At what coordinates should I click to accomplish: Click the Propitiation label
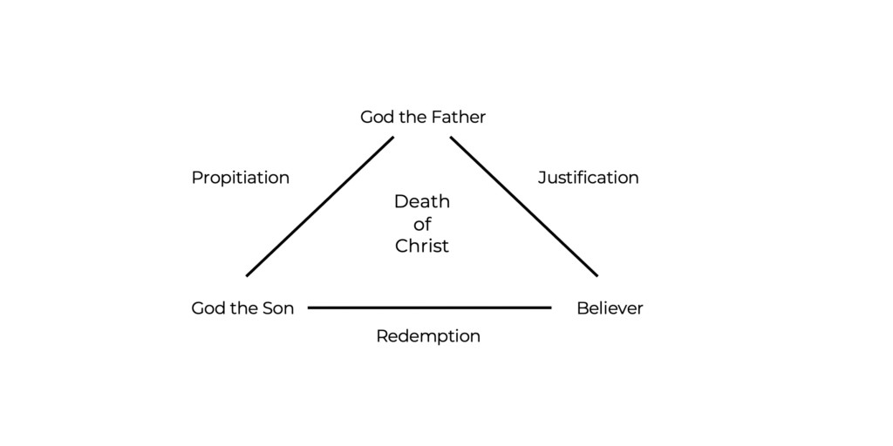(241, 178)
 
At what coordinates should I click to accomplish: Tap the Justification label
(589, 178)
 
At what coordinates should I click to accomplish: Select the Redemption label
(428, 336)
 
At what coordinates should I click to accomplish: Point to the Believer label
(610, 308)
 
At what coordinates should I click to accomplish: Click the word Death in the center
(422, 201)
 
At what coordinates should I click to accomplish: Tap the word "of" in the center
(422, 224)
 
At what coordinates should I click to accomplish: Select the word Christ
(422, 246)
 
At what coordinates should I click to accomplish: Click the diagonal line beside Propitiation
(319, 206)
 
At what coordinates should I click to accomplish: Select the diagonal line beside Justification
(524, 206)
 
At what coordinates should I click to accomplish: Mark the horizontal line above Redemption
(429, 307)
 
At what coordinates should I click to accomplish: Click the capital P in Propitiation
(198, 177)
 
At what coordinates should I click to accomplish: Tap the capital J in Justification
(542, 177)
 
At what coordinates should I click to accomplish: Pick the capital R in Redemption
(383, 335)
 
